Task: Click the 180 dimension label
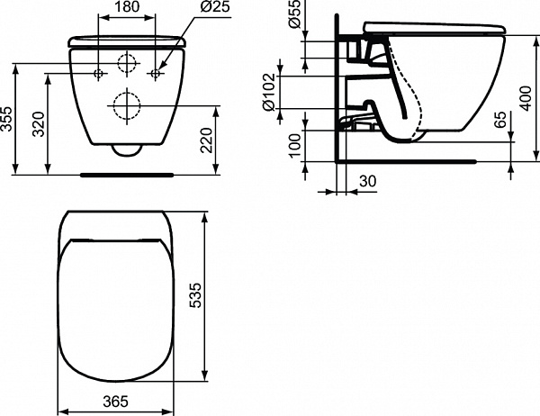click(127, 6)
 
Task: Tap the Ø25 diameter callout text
click(215, 6)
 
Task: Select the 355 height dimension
click(7, 119)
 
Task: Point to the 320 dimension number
click(39, 124)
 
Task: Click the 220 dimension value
click(207, 140)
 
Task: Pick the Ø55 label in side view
click(295, 14)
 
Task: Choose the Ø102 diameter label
click(269, 93)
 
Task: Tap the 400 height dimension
click(526, 98)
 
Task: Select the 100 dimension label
click(295, 146)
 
